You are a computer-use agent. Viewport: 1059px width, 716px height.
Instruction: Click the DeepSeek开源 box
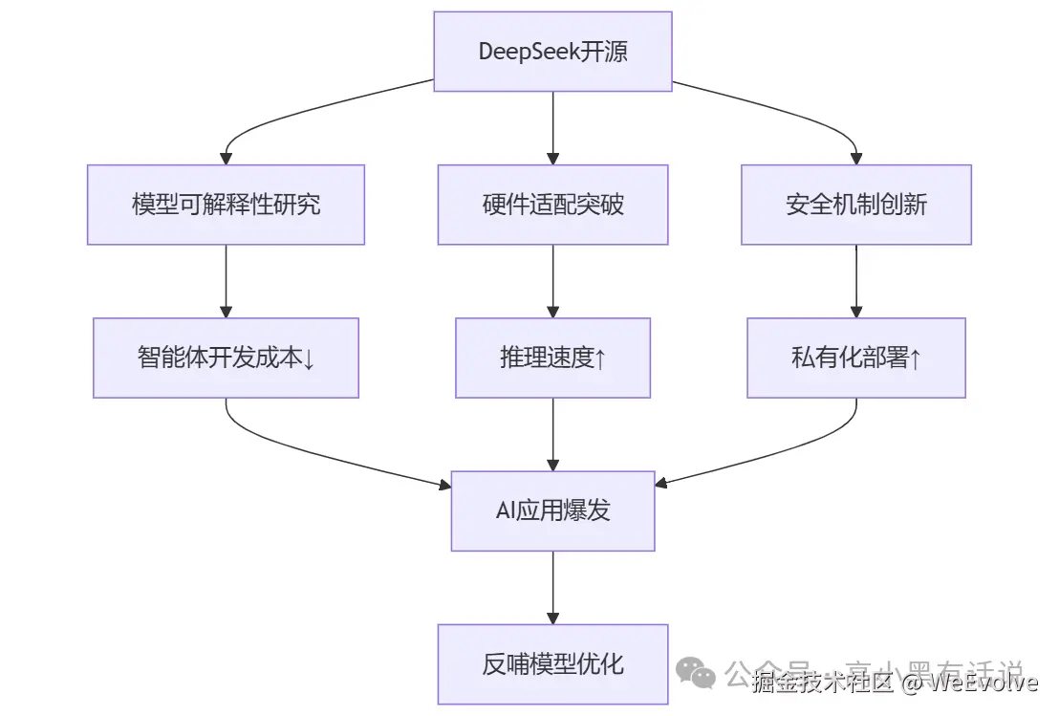(x=552, y=52)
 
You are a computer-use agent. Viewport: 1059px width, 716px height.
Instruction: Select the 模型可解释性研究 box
(x=226, y=205)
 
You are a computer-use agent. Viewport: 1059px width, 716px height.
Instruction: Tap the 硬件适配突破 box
(x=552, y=205)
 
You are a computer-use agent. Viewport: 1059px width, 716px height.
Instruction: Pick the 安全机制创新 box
(x=856, y=205)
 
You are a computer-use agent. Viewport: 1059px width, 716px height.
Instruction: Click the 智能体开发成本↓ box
(x=226, y=358)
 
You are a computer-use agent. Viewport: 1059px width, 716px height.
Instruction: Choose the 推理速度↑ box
(x=552, y=358)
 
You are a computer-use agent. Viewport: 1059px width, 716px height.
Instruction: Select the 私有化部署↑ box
(x=856, y=358)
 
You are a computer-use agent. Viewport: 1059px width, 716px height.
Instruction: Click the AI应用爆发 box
(x=552, y=510)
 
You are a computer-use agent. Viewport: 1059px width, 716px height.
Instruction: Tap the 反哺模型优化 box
(x=552, y=663)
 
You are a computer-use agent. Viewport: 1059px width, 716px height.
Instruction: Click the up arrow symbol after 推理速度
(x=600, y=358)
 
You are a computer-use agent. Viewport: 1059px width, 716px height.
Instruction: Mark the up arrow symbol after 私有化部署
(x=915, y=358)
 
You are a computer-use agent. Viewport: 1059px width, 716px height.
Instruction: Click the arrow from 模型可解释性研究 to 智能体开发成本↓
(x=226, y=281)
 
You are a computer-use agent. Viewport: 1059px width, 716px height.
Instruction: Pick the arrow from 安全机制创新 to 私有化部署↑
(x=856, y=281)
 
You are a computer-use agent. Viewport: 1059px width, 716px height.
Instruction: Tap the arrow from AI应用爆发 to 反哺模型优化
(x=552, y=587)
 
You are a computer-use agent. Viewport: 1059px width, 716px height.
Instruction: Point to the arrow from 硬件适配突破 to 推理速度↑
(x=552, y=281)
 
